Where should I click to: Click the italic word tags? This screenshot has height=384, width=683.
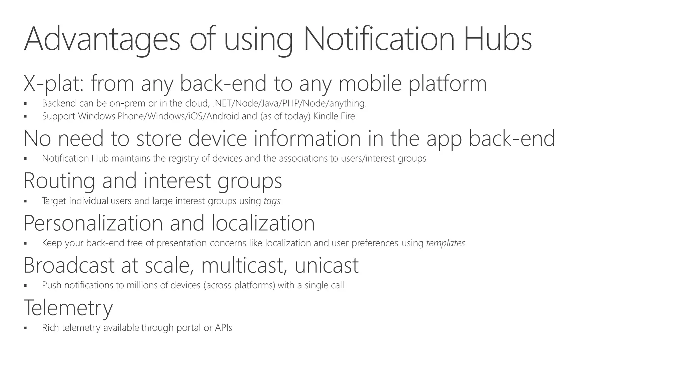coord(272,201)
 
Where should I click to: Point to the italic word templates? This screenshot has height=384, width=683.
coord(445,243)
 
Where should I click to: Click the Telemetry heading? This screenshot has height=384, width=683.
coord(68,308)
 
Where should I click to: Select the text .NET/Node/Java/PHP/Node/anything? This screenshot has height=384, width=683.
coord(289,103)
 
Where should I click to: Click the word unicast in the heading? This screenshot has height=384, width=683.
coord(326,265)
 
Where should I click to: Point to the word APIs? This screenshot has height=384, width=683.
coord(223,328)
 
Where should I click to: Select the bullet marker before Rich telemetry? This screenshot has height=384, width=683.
coord(25,328)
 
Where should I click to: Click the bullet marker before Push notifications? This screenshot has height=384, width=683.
coord(25,286)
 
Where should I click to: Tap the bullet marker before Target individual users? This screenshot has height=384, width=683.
coord(25,201)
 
